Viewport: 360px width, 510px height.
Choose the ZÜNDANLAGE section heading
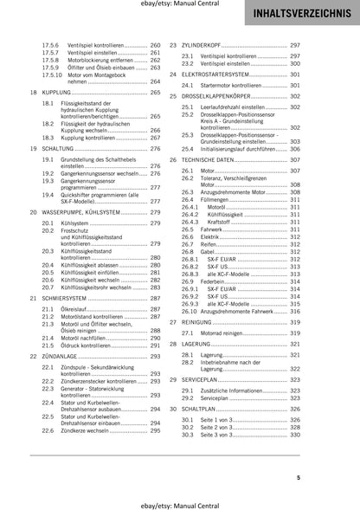pos(59,356)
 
